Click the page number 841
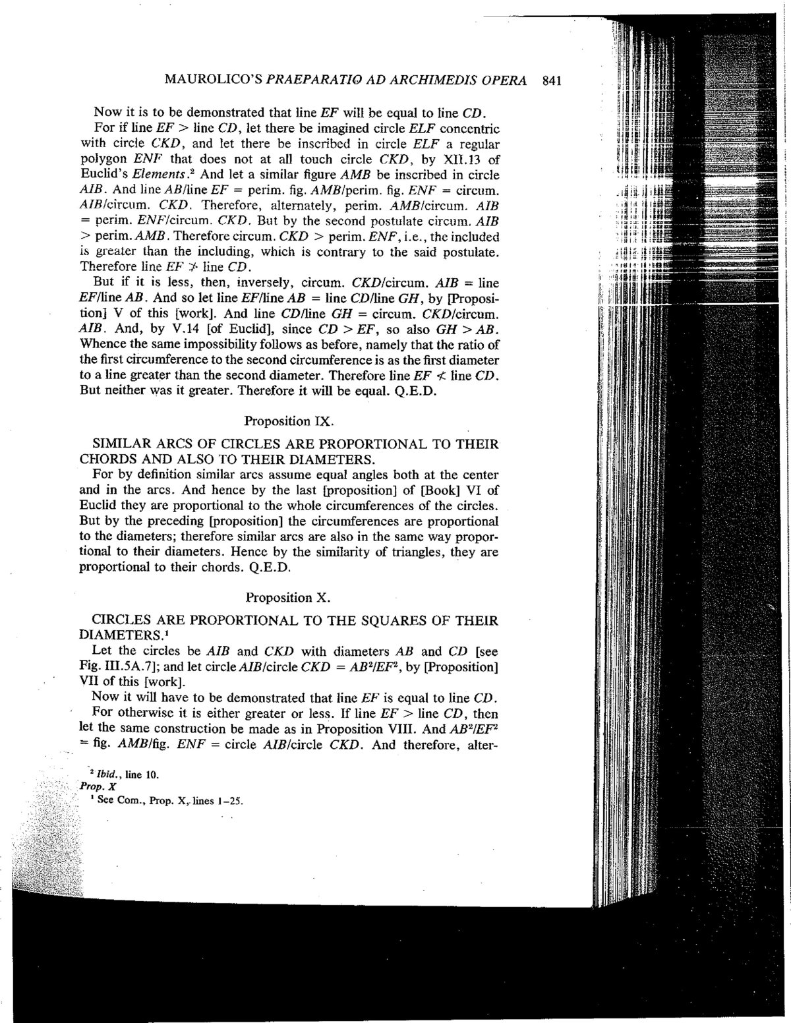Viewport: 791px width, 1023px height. (x=550, y=82)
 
